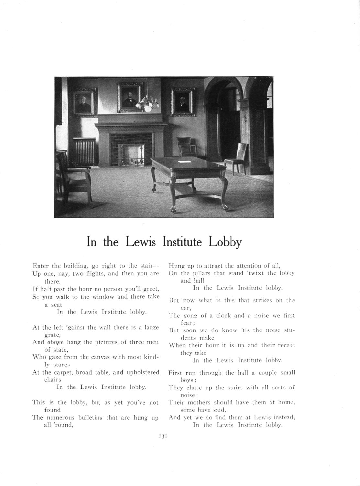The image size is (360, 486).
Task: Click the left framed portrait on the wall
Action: click(x=85, y=102)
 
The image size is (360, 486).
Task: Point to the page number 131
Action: click(x=163, y=436)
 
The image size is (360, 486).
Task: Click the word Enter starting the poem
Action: click(x=40, y=266)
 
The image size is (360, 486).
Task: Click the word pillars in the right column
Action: click(x=200, y=273)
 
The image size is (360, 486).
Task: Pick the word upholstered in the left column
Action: click(x=142, y=372)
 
